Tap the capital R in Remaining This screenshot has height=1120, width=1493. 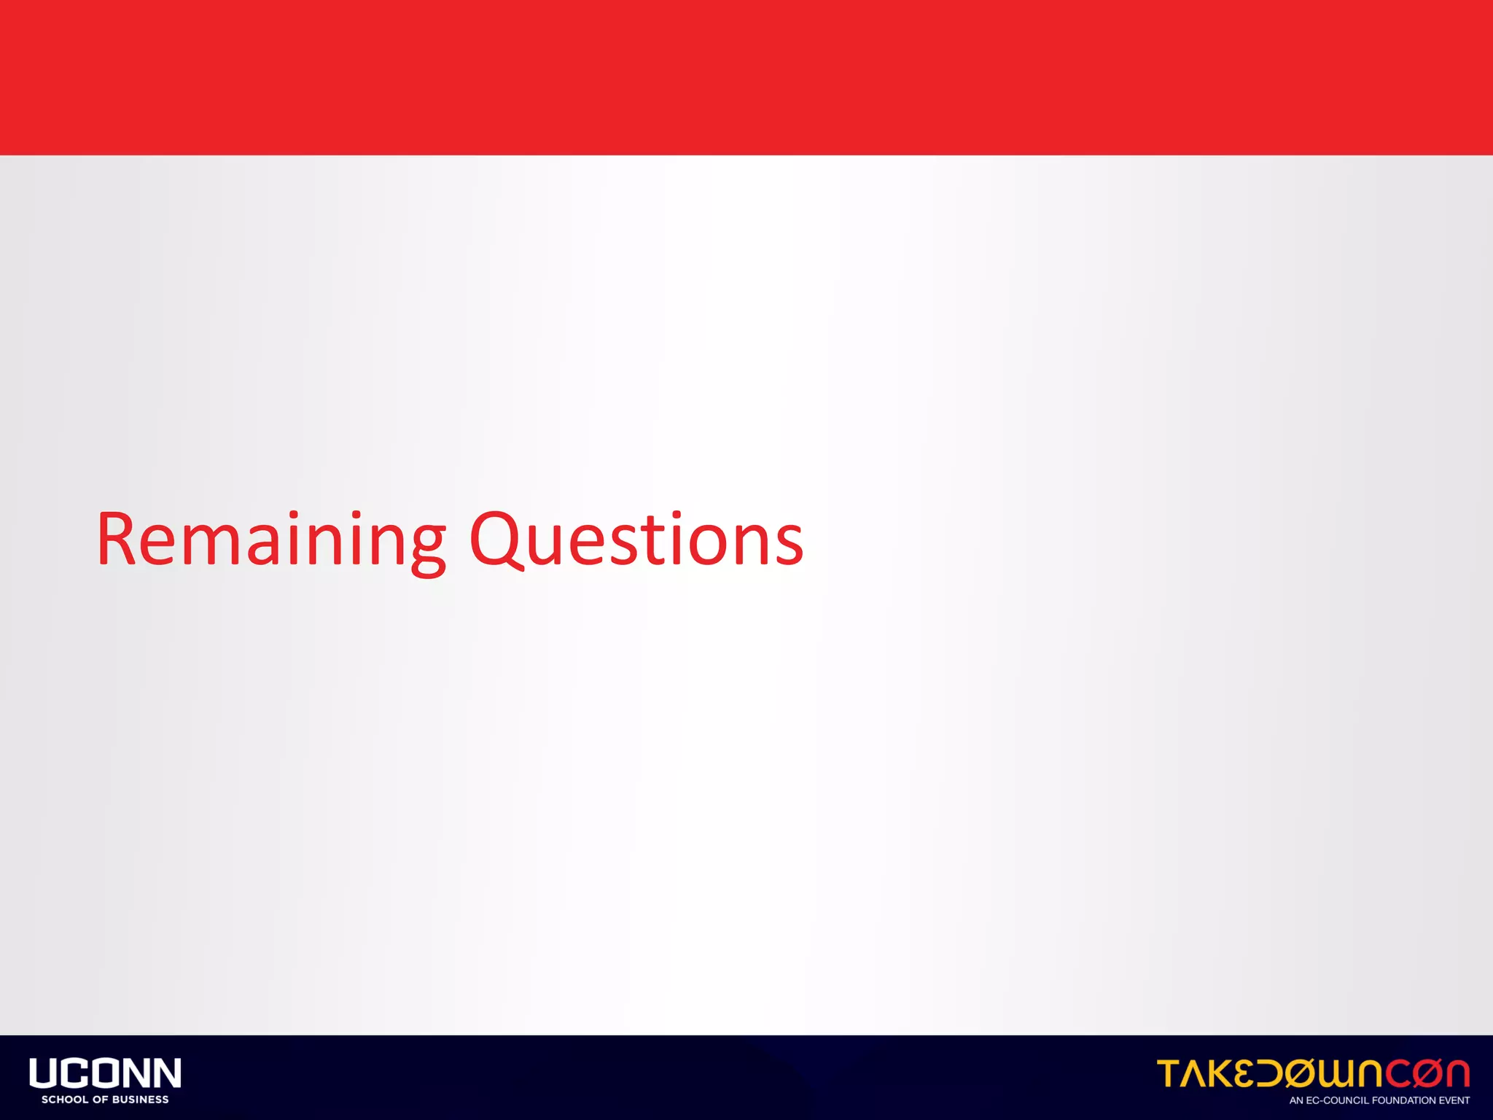click(117, 540)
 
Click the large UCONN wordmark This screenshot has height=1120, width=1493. click(105, 1073)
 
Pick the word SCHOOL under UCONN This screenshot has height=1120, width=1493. click(64, 1100)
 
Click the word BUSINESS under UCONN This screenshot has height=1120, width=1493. click(140, 1100)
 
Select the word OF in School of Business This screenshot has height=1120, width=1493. click(100, 1100)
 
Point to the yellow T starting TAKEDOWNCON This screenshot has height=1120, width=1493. click(1169, 1073)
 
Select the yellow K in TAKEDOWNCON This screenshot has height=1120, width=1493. click(1224, 1073)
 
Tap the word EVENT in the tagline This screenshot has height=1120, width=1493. click(1454, 1100)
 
